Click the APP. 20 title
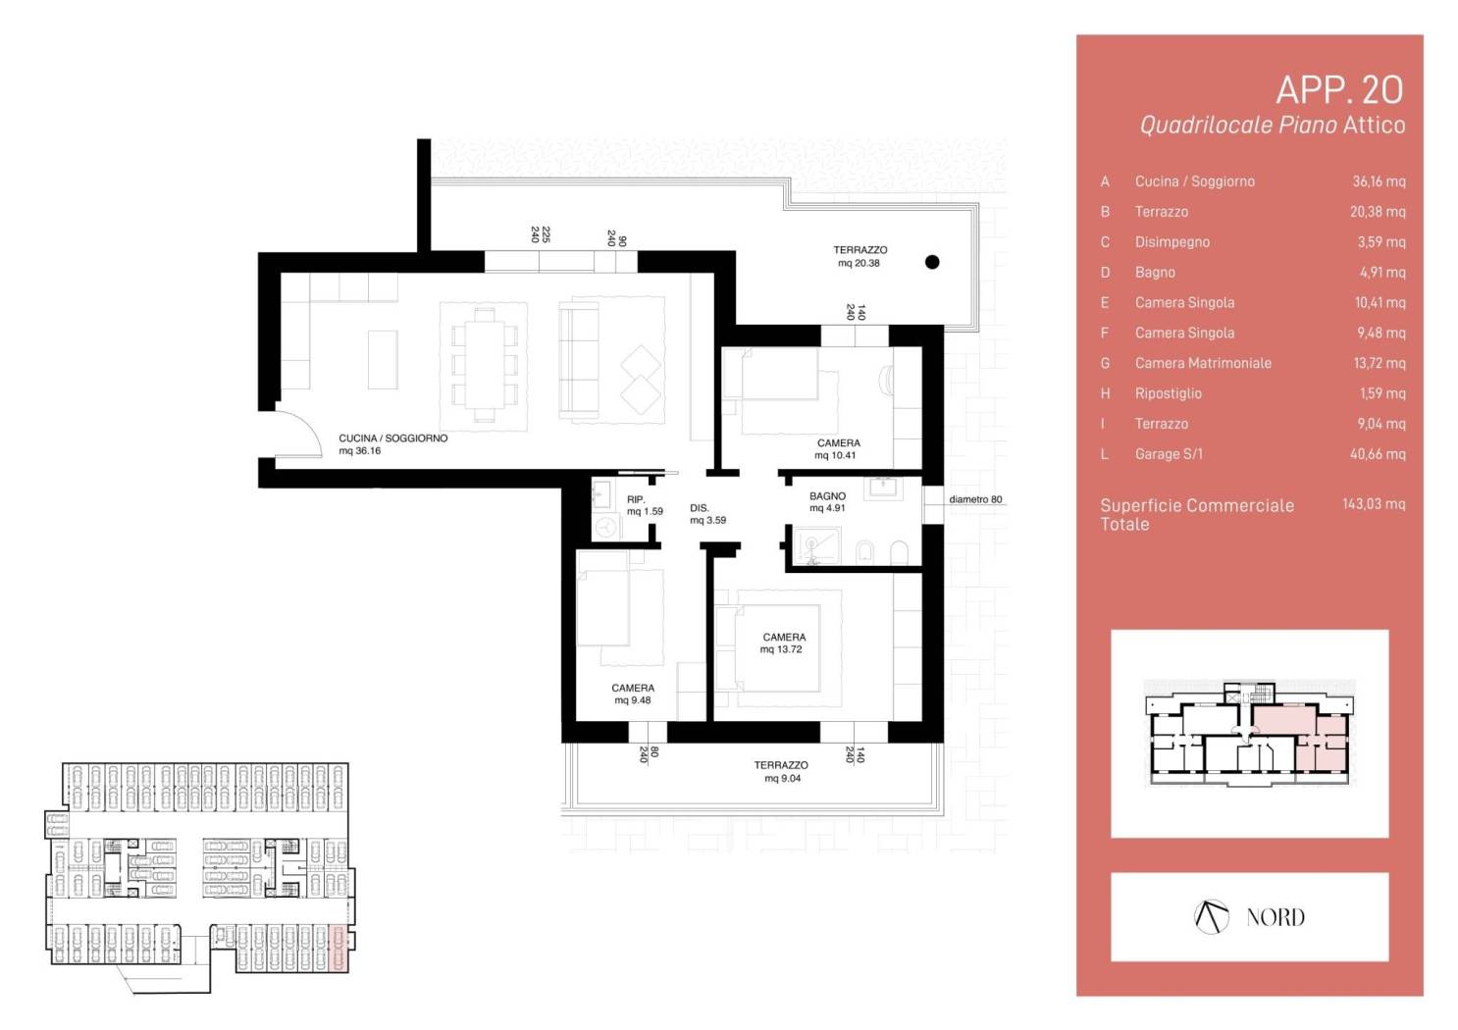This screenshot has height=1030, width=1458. (1339, 90)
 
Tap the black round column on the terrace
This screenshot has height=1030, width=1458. (932, 262)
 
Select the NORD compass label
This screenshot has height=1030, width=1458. (1276, 917)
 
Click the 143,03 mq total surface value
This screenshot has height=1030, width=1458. (1374, 504)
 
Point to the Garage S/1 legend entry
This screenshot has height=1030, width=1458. (1169, 454)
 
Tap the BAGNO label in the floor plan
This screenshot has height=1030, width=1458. (827, 495)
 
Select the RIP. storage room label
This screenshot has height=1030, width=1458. (636, 499)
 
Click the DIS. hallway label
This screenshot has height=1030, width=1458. (699, 508)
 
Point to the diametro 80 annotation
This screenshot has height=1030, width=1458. (975, 499)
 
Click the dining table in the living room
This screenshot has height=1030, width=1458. (484, 364)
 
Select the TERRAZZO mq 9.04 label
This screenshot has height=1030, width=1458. (781, 772)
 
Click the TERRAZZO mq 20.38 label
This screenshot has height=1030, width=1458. (859, 256)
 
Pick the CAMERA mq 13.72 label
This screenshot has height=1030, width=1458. (784, 643)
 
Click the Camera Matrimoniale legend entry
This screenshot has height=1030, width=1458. (1203, 363)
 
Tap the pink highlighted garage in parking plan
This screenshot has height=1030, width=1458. (338, 950)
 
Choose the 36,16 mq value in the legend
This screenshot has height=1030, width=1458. (1379, 181)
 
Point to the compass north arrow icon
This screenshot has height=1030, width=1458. (1212, 917)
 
